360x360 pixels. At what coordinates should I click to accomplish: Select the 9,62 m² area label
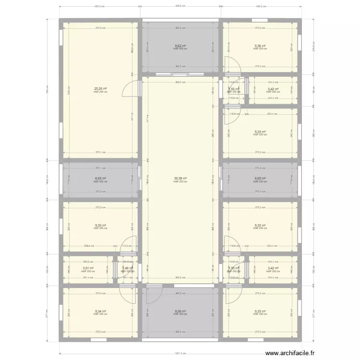(180, 46)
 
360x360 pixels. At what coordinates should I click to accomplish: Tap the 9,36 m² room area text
(260, 46)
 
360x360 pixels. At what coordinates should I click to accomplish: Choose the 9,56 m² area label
(180, 311)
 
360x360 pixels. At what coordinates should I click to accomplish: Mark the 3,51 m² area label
(88, 268)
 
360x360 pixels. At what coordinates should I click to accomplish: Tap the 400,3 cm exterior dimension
(260, 6)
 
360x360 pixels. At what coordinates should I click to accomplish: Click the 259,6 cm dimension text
(88, 246)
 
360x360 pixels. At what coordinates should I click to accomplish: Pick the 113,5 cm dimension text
(127, 246)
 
